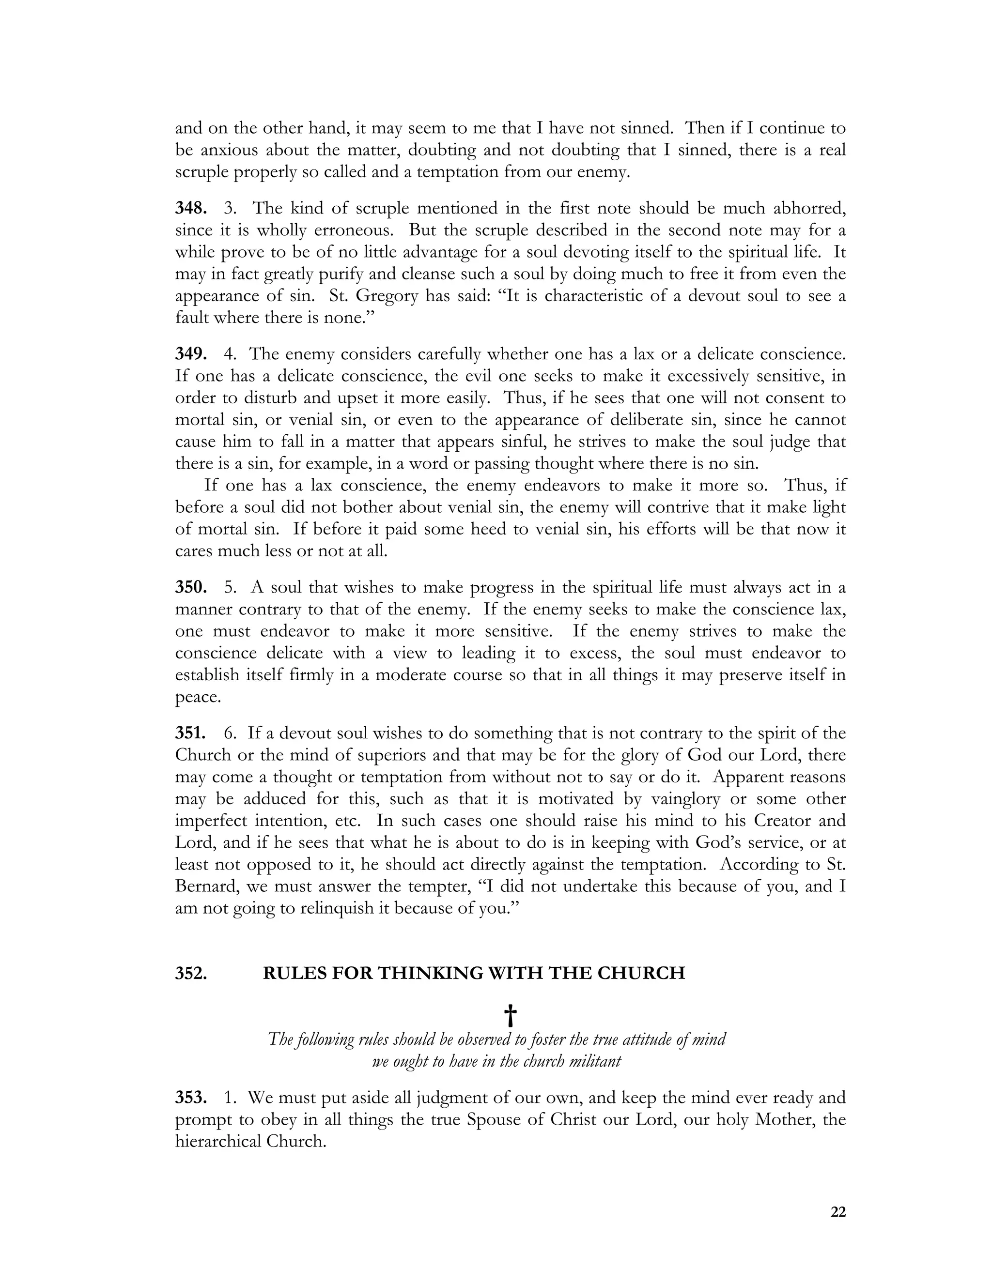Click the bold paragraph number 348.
point(190,209)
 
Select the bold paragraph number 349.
point(190,355)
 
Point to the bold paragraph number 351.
point(190,733)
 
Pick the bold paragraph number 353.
point(190,1098)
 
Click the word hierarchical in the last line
point(218,1142)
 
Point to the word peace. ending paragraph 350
point(198,697)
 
